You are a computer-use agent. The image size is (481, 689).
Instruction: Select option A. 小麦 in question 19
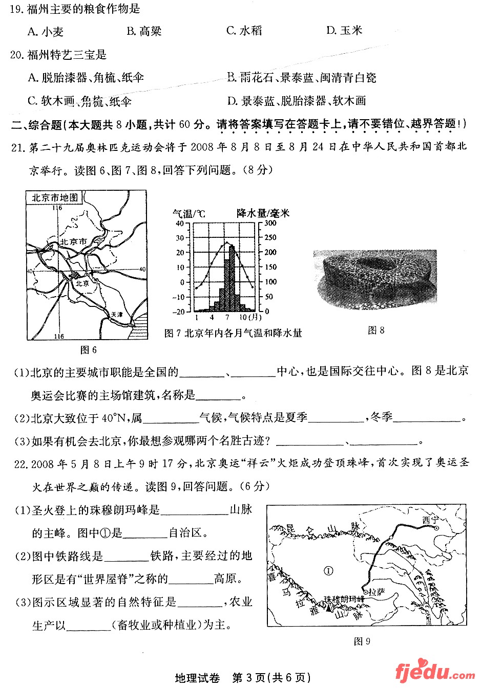pyautogui.click(x=46, y=32)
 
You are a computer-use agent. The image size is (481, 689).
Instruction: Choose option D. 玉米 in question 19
pyautogui.click(x=344, y=31)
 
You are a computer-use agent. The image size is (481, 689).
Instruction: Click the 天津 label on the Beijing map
pyautogui.click(x=117, y=316)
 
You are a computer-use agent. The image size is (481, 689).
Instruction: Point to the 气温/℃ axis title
pyautogui.click(x=189, y=213)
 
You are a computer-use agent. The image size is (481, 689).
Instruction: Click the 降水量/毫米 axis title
pyautogui.click(x=263, y=213)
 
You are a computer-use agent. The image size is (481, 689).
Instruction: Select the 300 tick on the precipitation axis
pyautogui.click(x=270, y=223)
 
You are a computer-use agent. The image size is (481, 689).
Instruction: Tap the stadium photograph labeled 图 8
pyautogui.click(x=375, y=279)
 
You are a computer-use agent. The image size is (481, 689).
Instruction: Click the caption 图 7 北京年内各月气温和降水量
pyautogui.click(x=233, y=334)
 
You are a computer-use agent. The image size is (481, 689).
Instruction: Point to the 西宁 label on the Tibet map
pyautogui.click(x=431, y=520)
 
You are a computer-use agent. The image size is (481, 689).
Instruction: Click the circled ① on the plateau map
pyautogui.click(x=328, y=570)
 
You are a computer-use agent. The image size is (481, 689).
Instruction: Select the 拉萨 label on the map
pyautogui.click(x=377, y=592)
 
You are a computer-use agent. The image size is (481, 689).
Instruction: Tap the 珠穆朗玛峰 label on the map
pyautogui.click(x=344, y=599)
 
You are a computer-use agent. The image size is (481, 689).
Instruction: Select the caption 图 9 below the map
pyautogui.click(x=362, y=641)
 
